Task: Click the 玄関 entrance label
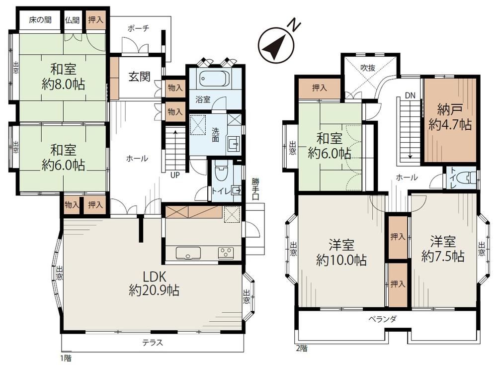pyautogui.click(x=139, y=77)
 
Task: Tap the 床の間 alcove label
pyautogui.click(x=40, y=20)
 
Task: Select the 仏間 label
pyautogui.click(x=72, y=20)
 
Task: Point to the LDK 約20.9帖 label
pyautogui.click(x=154, y=283)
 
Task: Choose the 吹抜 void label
pyautogui.click(x=368, y=68)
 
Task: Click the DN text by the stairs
pyautogui.click(x=410, y=95)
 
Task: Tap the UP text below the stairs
pyautogui.click(x=175, y=175)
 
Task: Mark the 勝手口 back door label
pyautogui.click(x=255, y=188)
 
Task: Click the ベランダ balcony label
pyautogui.click(x=382, y=319)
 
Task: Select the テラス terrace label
pyautogui.click(x=153, y=343)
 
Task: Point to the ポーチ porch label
pyautogui.click(x=138, y=28)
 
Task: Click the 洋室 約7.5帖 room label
pyautogui.click(x=443, y=249)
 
